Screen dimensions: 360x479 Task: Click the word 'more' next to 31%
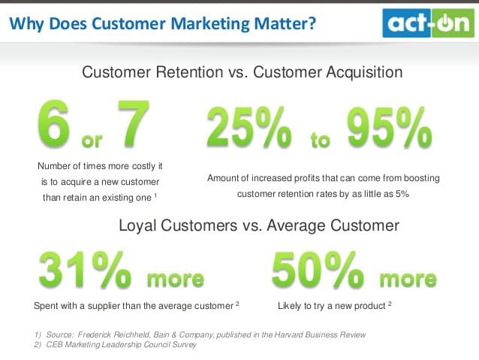175,279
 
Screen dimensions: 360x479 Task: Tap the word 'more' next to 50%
408,279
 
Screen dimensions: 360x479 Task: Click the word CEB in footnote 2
58,344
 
